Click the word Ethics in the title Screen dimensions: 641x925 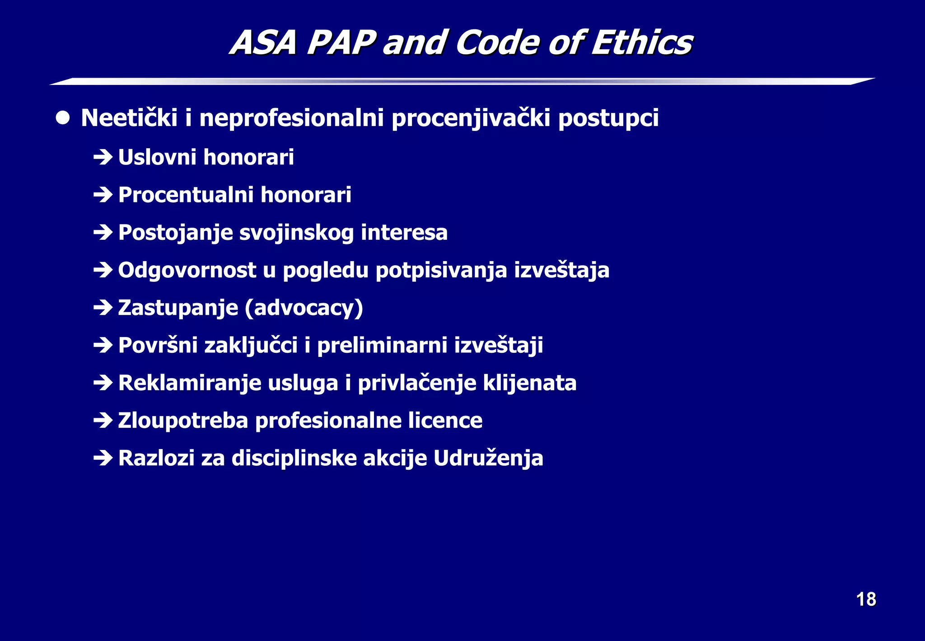point(642,42)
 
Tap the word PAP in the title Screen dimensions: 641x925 point(341,42)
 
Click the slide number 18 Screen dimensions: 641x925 point(866,599)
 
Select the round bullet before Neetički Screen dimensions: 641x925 point(63,118)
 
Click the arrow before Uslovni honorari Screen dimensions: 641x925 point(103,157)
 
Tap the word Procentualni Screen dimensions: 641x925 point(186,195)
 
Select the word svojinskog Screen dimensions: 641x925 point(296,233)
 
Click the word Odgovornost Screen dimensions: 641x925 point(187,271)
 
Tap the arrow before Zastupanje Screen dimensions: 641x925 point(103,308)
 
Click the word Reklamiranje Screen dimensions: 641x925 point(190,383)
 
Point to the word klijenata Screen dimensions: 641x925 point(529,383)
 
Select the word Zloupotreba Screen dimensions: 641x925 point(183,421)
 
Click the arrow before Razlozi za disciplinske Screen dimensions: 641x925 point(103,458)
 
